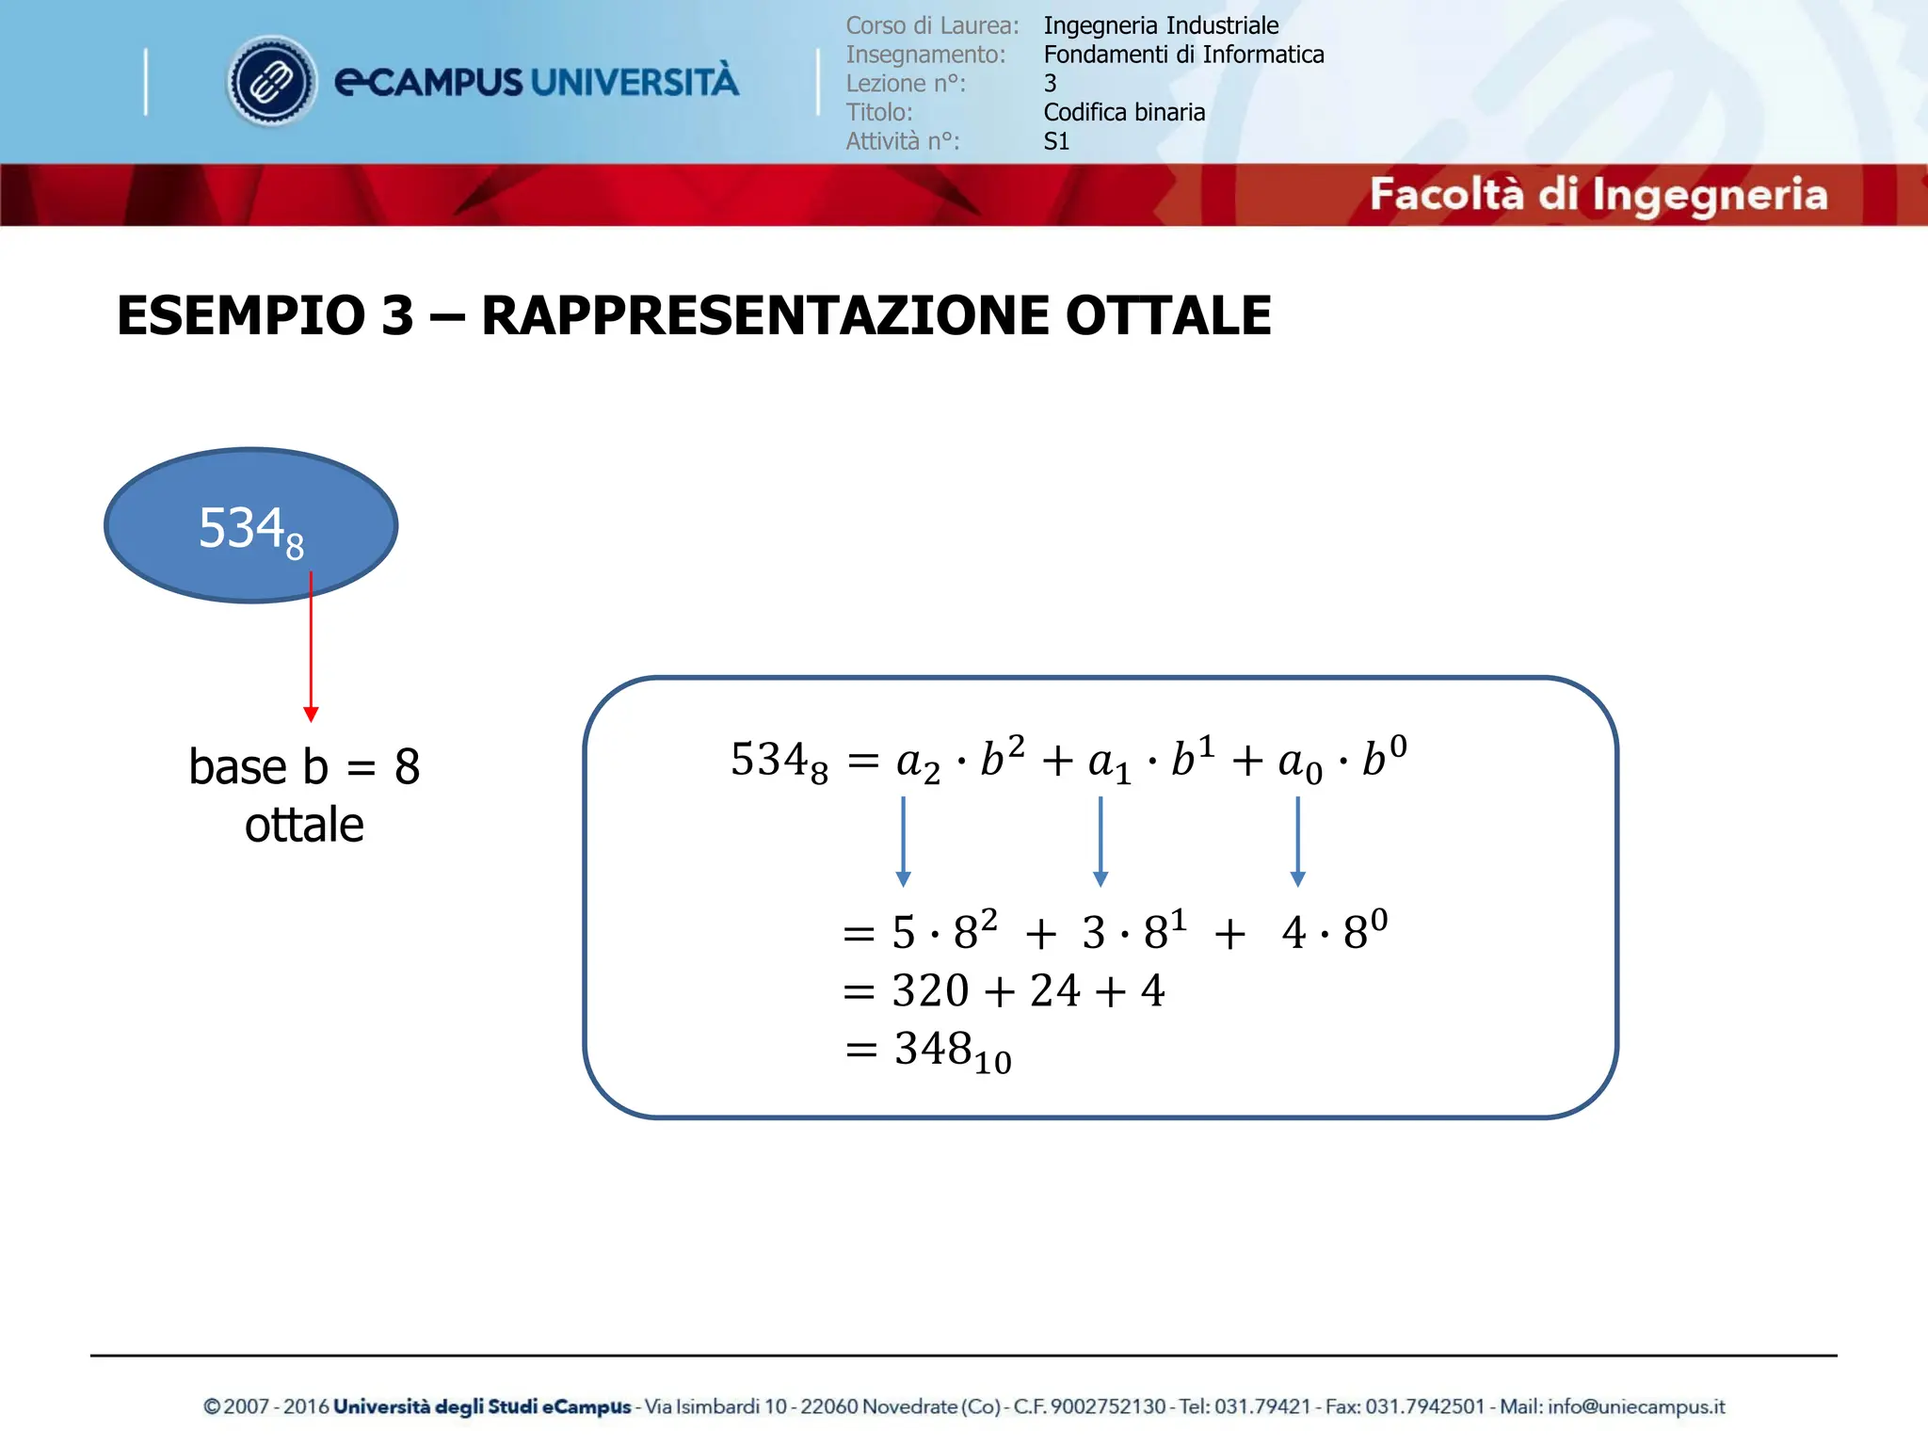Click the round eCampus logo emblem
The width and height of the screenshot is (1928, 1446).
click(272, 82)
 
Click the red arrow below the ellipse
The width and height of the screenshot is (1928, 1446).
click(311, 650)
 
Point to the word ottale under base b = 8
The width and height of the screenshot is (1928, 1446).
click(304, 826)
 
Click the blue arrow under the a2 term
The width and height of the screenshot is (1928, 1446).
click(903, 842)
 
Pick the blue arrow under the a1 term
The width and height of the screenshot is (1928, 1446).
click(1100, 842)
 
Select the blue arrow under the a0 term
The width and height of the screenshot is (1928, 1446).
click(1297, 842)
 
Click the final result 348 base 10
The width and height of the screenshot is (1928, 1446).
click(951, 1051)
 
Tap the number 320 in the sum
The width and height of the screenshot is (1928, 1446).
click(930, 991)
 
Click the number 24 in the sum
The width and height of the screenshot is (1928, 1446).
click(1054, 991)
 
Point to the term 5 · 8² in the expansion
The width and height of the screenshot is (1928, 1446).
click(944, 932)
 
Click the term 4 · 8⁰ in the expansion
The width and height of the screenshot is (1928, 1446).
click(1333, 932)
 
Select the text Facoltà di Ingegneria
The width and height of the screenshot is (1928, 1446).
click(1598, 195)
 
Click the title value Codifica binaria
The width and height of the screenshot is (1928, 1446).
click(1124, 112)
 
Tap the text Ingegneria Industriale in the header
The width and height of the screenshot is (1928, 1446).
click(1161, 25)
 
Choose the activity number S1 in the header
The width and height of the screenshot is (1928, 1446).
click(1056, 141)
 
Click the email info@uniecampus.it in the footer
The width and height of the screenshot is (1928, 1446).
click(1636, 1406)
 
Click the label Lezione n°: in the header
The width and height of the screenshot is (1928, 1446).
click(906, 84)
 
